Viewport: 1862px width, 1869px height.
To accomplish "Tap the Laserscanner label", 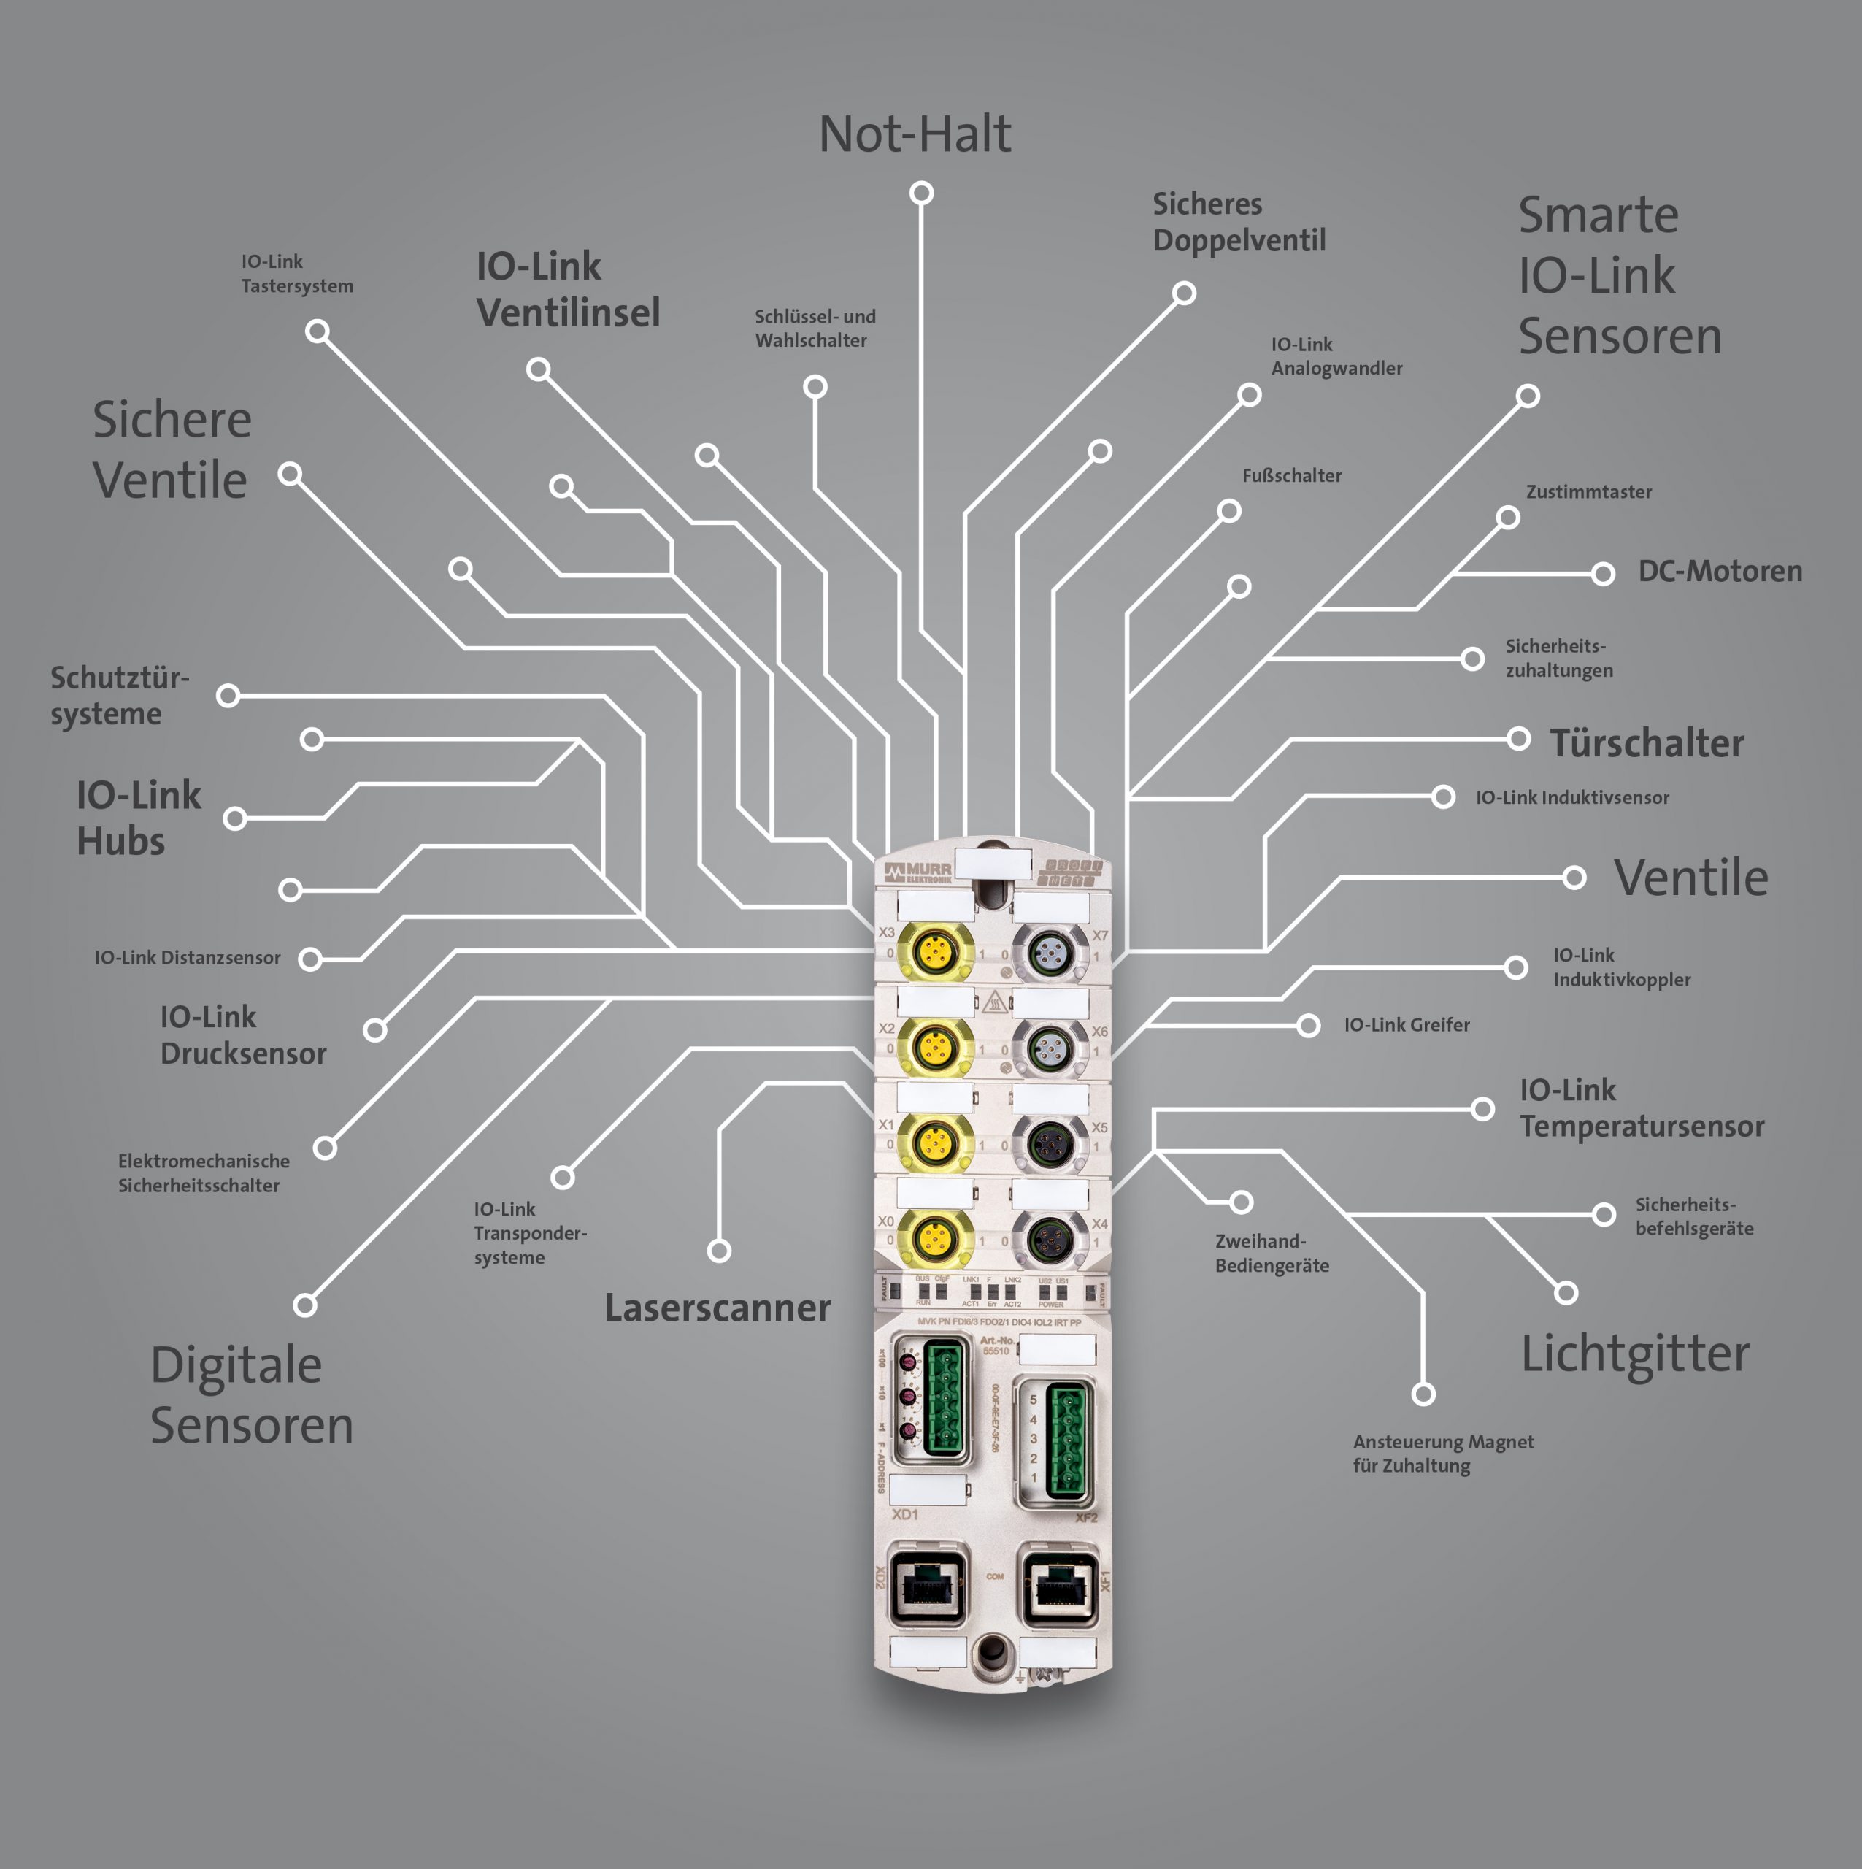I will tap(717, 1308).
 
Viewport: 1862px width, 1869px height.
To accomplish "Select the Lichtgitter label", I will tap(1635, 1354).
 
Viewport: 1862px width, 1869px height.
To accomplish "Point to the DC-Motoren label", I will tap(1719, 572).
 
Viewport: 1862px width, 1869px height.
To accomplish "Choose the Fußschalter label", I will tap(1291, 476).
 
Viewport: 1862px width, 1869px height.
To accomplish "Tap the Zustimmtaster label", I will tap(1588, 492).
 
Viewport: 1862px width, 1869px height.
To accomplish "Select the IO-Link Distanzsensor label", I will tap(188, 958).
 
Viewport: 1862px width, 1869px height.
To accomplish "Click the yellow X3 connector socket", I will tap(934, 952).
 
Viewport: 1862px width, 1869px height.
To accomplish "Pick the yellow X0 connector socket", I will tap(934, 1237).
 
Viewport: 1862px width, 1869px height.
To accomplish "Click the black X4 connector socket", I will tap(1049, 1237).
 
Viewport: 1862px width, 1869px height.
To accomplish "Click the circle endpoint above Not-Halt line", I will tap(921, 193).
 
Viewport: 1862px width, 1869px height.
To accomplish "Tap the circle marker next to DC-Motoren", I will tap(1603, 574).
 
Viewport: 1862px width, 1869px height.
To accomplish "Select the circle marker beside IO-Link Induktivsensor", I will tap(1443, 797).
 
